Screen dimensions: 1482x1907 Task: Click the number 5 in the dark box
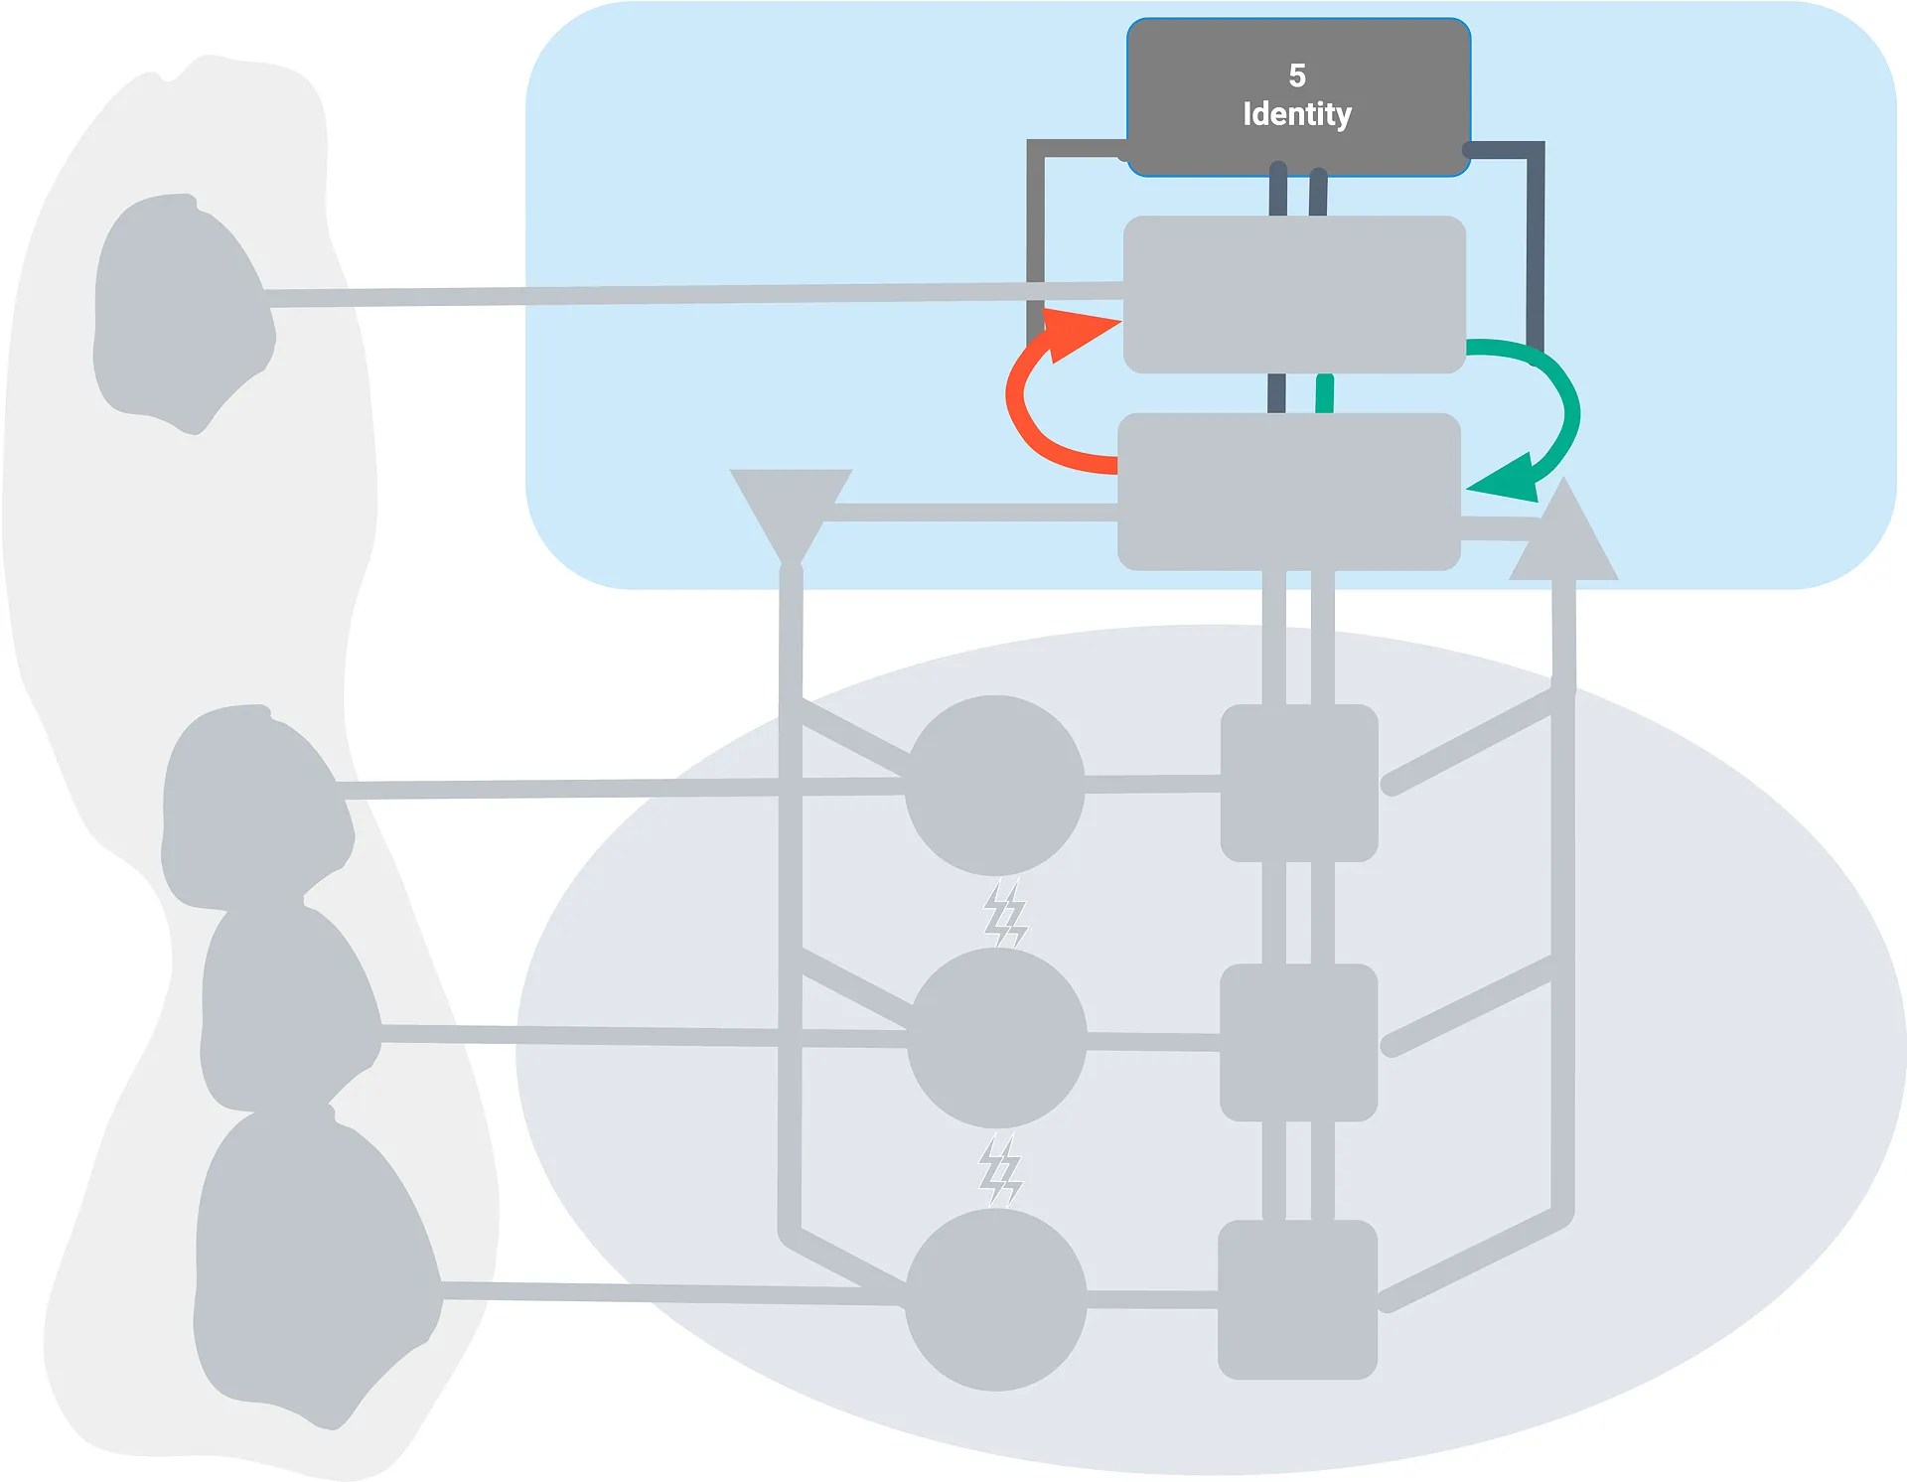click(1296, 75)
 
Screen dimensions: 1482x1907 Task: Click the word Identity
click(1296, 114)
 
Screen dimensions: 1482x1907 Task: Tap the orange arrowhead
click(1078, 333)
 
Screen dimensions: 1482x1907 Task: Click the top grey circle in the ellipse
click(994, 785)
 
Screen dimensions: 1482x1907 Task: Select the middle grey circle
click(996, 1037)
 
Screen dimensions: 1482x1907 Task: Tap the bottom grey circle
click(996, 1298)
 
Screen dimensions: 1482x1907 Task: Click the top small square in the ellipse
click(1298, 783)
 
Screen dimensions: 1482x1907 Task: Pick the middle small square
click(1298, 1042)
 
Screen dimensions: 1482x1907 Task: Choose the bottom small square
click(1297, 1299)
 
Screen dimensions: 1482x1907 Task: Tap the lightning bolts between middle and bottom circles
click(1000, 1170)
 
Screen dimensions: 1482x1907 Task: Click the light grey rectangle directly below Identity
click(1294, 294)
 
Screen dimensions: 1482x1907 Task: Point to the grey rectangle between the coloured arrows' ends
click(1288, 492)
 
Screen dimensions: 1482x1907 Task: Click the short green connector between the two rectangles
click(1324, 393)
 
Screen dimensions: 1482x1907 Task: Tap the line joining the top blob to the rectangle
click(695, 294)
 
